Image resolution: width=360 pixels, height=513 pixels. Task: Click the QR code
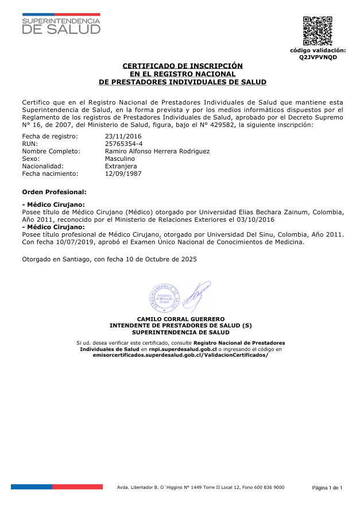click(318, 31)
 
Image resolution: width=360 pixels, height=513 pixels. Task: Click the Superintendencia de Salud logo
click(61, 24)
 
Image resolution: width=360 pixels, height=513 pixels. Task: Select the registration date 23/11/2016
click(123, 136)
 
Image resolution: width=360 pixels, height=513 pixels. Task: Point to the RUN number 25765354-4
click(124, 144)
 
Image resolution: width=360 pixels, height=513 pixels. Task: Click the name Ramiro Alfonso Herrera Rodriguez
click(157, 151)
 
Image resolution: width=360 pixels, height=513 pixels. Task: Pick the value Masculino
click(120, 159)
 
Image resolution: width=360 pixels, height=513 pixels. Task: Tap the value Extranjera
click(121, 166)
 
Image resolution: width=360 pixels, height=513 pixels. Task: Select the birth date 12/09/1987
click(123, 173)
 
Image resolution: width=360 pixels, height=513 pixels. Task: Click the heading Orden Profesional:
click(54, 191)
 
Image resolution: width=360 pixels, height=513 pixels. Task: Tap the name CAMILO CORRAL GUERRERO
click(180, 319)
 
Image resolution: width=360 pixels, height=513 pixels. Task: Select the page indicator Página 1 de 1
click(327, 488)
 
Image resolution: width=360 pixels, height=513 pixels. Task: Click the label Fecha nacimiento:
click(49, 173)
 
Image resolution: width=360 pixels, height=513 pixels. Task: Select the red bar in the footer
click(78, 487)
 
